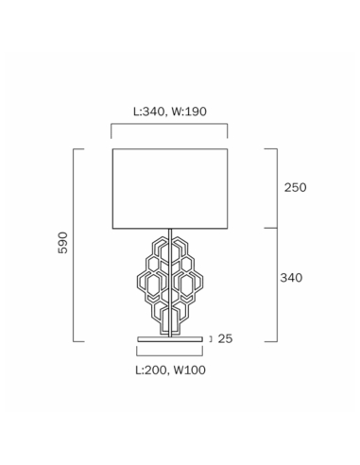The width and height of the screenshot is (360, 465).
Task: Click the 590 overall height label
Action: point(63,243)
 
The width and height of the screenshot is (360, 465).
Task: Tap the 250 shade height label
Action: point(295,187)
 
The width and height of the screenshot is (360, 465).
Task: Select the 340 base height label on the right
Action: point(291,278)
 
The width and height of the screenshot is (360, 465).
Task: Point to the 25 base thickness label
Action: point(225,338)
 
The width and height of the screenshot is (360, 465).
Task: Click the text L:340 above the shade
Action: point(148,112)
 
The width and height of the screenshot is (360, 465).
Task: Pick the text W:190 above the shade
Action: point(189,112)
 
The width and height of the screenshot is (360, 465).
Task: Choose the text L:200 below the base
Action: point(151,370)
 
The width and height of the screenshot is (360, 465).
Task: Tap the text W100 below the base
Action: point(190,370)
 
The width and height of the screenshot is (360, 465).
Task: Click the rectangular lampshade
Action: point(170,188)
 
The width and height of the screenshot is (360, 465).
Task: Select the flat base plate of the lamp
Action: point(170,339)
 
